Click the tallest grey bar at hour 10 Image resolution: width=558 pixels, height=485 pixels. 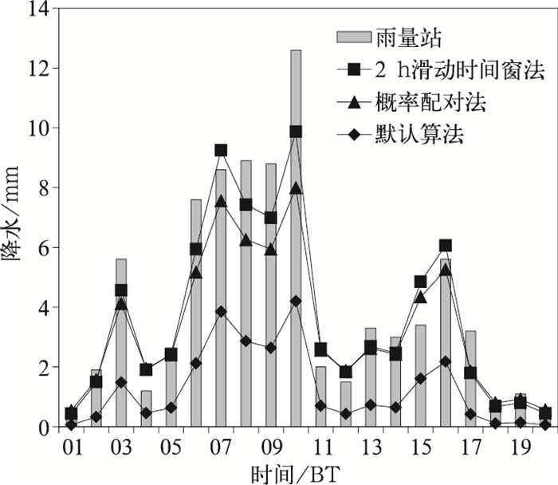pos(296,239)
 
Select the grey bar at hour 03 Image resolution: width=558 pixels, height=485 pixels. pos(121,343)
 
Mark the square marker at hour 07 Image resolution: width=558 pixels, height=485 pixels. pos(221,151)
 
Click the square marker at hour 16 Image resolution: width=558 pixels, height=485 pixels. pos(445,246)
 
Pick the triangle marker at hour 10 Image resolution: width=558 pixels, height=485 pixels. pos(296,188)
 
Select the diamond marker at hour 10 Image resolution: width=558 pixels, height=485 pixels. pos(296,301)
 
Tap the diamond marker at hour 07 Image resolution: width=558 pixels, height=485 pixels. pos(221,311)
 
